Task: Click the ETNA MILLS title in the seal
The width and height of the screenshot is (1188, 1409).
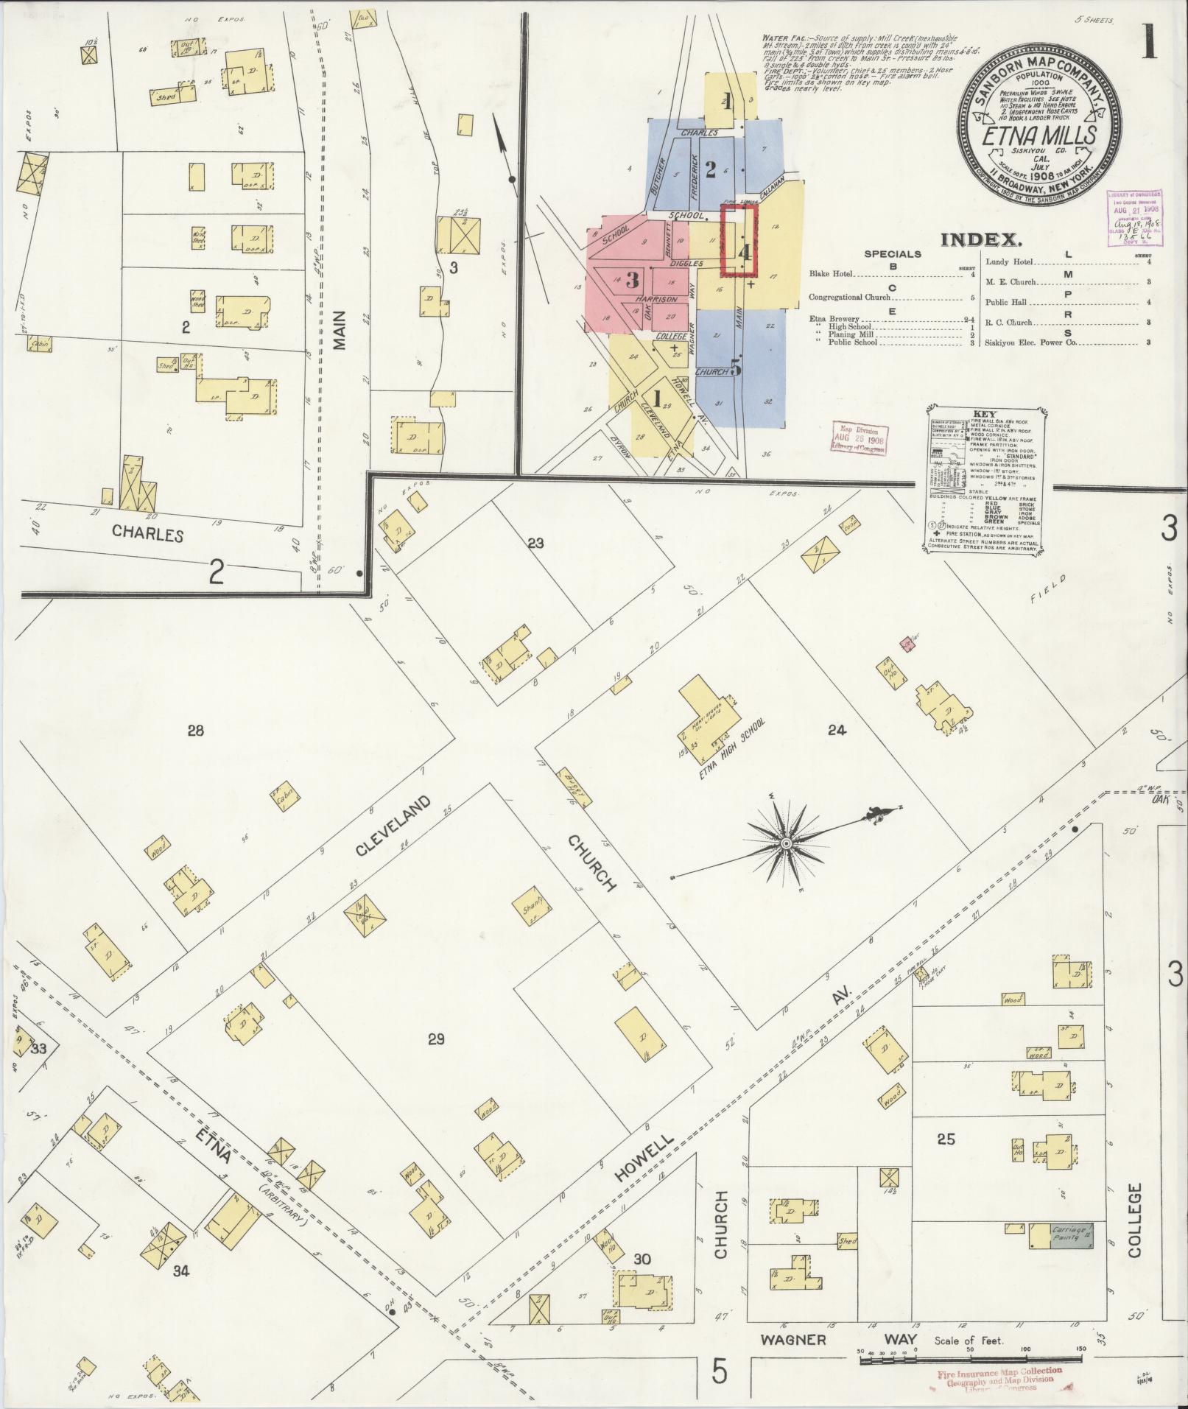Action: pyautogui.click(x=1038, y=137)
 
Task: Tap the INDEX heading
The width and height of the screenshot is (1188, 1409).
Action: pyautogui.click(x=981, y=239)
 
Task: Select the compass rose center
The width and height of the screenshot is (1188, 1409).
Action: pyautogui.click(x=787, y=842)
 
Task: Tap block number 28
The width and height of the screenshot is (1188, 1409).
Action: pyautogui.click(x=195, y=731)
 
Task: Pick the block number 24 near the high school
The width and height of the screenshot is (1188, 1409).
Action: pyautogui.click(x=837, y=731)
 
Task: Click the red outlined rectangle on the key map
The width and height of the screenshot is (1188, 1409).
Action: pyautogui.click(x=739, y=240)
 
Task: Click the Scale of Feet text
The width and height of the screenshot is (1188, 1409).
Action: pyautogui.click(x=968, y=1341)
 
